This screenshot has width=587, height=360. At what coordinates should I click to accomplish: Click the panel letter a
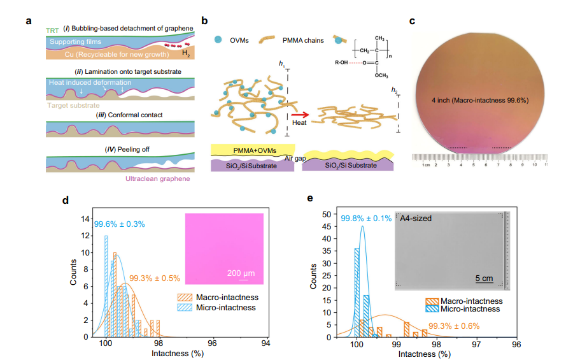point(29,20)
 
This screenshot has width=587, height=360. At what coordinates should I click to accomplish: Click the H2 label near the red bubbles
point(185,55)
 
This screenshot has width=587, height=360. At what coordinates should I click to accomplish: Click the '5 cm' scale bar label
point(485,278)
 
